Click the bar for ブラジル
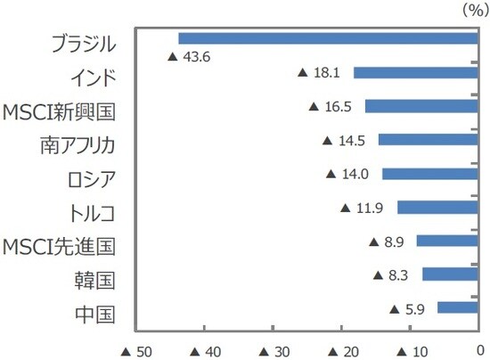(x=330, y=38)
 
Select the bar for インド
(x=417, y=72)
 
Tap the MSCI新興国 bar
(x=422, y=106)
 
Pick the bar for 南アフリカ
(x=429, y=140)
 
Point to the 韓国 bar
(x=451, y=274)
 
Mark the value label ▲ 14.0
(x=350, y=174)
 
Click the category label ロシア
(x=90, y=174)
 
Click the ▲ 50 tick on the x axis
(x=137, y=349)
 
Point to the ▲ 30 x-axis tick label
(x=277, y=349)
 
